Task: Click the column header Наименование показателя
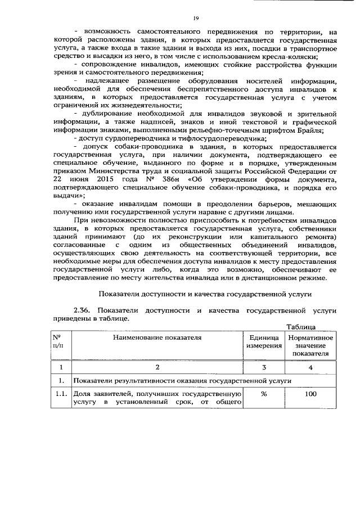156,337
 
